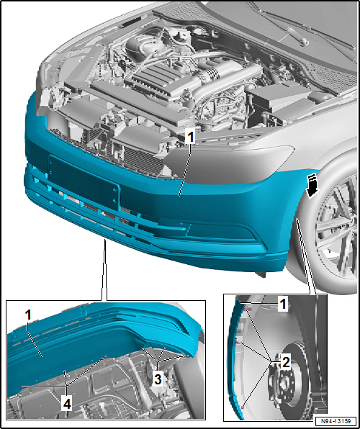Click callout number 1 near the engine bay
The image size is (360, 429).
pos(189,135)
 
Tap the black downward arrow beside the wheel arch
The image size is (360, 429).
pos(311,183)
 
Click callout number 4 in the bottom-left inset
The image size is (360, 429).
pos(66,405)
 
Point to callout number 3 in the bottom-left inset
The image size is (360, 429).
pos(157,376)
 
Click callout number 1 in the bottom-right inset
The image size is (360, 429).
pos(283,304)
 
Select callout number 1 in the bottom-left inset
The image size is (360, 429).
pos(27,315)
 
